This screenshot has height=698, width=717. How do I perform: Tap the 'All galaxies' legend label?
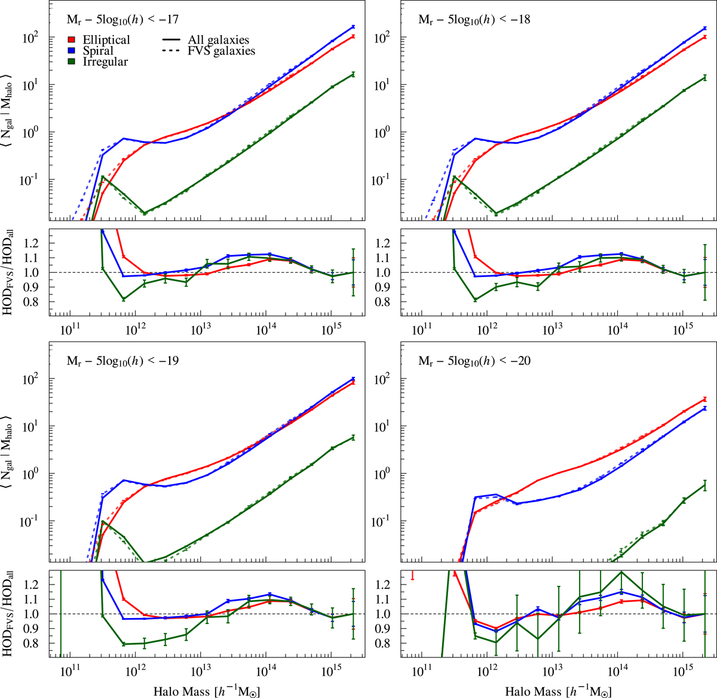[x=218, y=40]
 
